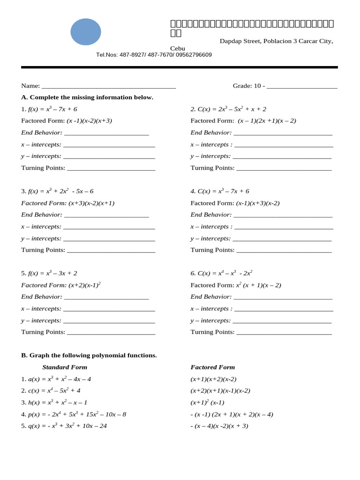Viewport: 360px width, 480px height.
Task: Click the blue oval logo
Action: point(86,32)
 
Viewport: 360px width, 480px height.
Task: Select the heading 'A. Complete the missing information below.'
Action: point(87,97)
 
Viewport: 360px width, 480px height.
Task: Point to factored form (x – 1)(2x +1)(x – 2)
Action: point(267,121)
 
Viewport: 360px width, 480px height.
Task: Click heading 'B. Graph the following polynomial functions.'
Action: point(89,355)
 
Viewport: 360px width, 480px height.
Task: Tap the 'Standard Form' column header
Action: point(65,367)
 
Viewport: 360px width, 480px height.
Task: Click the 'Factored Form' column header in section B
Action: point(213,367)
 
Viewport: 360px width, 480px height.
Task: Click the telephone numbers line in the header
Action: point(154,55)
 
